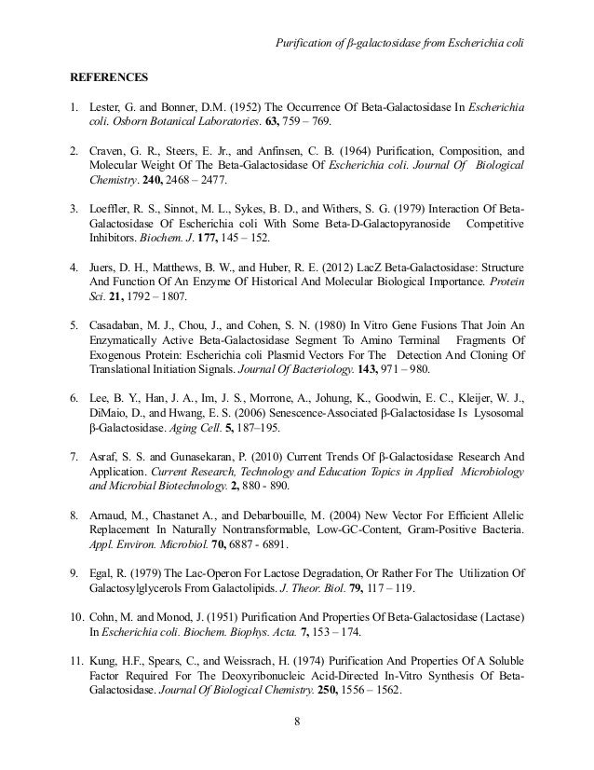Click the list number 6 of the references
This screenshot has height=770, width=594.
[75, 382]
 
